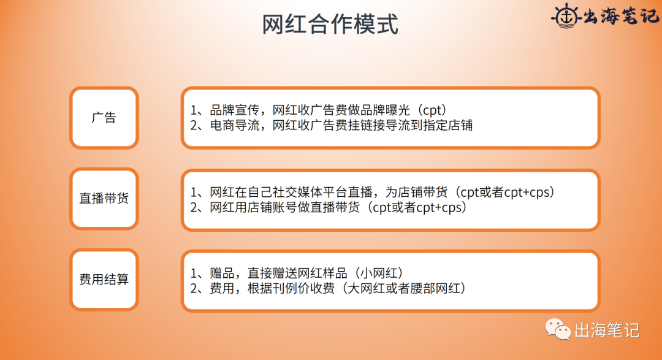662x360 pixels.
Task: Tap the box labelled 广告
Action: point(104,118)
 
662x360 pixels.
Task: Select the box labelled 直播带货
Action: point(104,199)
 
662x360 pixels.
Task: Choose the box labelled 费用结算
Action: point(104,279)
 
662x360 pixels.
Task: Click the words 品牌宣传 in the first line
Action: point(230,111)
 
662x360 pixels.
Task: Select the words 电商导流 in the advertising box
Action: point(230,126)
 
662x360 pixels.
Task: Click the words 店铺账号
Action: point(278,207)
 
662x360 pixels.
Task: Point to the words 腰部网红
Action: point(438,288)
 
